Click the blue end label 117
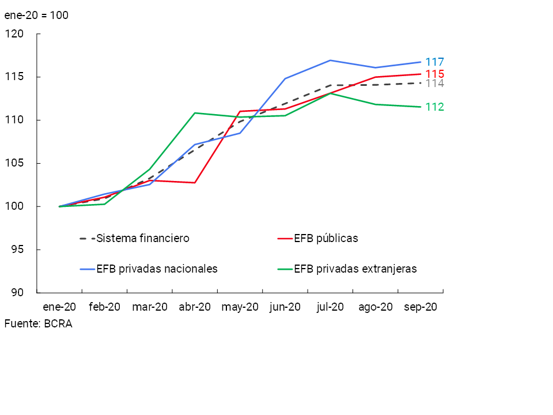coord(434,62)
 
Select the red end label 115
coord(434,74)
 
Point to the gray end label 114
coord(434,84)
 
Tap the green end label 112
coord(434,107)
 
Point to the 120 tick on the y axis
coord(14,34)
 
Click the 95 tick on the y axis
coord(17,250)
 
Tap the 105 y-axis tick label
coord(14,163)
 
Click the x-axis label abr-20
coord(195,307)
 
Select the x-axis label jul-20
coord(330,307)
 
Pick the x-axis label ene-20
coord(59,307)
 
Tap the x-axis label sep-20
coord(421,307)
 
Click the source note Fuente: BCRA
coord(38,324)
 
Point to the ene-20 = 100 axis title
coord(36,16)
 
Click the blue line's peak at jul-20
coord(330,60)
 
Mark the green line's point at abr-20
coord(195,113)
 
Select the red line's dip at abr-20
coord(195,183)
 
